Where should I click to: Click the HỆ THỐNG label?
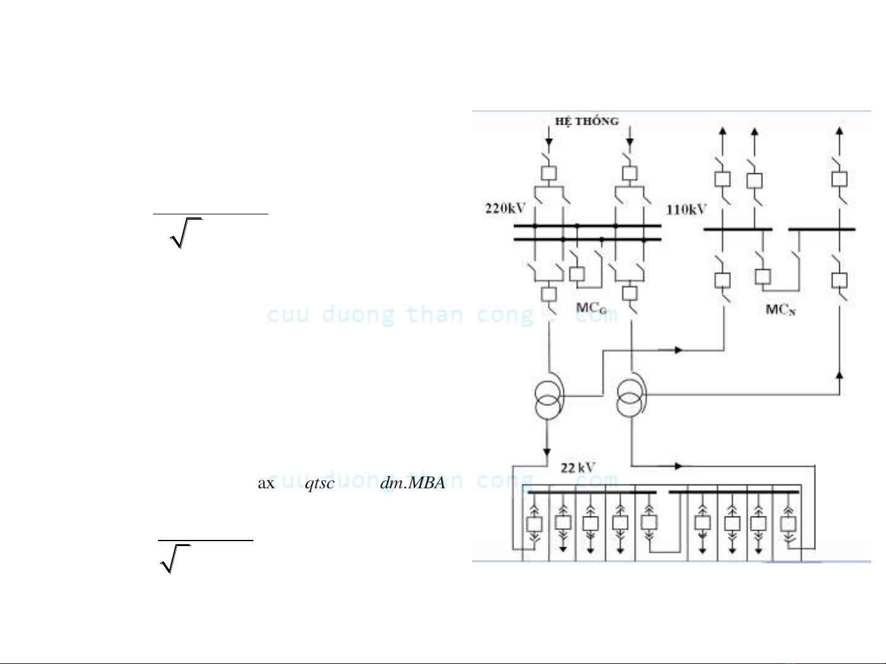[x=587, y=121]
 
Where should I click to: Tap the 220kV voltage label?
[x=505, y=208]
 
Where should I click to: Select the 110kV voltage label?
[x=686, y=209]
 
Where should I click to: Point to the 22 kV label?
[x=577, y=468]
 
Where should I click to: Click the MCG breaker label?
[x=591, y=308]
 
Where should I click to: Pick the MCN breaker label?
[x=780, y=310]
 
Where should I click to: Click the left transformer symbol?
[x=548, y=399]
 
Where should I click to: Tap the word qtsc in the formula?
[x=319, y=483]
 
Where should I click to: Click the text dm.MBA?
[x=413, y=483]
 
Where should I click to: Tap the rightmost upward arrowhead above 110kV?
[x=839, y=131]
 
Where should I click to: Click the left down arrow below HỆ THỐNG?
[x=548, y=143]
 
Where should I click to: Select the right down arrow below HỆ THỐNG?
[x=629, y=143]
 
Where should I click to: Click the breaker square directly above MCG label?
[x=577, y=274]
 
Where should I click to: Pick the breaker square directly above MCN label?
[x=763, y=276]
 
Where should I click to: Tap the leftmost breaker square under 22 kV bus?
[x=534, y=524]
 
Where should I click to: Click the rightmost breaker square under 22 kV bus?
[x=788, y=524]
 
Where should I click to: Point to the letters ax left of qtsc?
[x=266, y=483]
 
